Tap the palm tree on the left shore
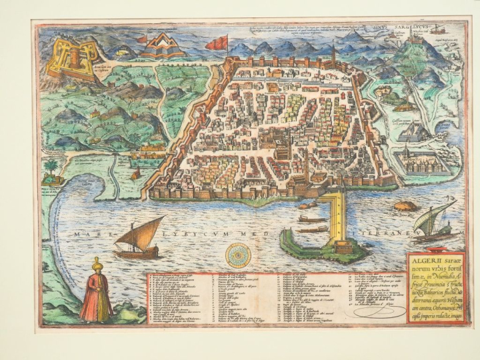coord(51,167)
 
